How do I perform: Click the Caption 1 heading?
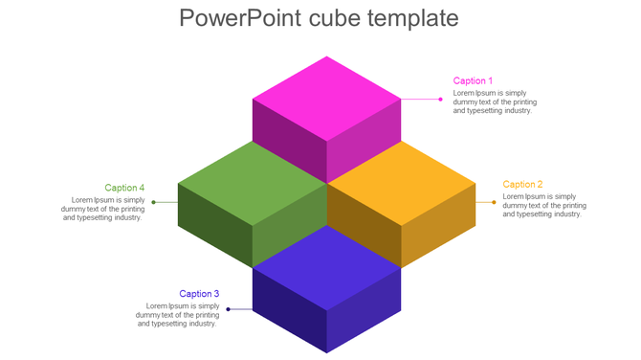click(473, 80)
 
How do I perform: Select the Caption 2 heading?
click(522, 184)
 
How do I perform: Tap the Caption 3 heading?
click(199, 294)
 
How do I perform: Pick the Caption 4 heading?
click(124, 188)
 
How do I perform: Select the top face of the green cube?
click(253, 182)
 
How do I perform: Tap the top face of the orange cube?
click(401, 182)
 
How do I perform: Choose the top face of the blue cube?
click(326, 267)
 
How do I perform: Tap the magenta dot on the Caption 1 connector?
click(441, 99)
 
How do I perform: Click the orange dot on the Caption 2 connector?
click(494, 202)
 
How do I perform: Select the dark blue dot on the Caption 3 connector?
click(228, 309)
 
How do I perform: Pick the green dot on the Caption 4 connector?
click(153, 202)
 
